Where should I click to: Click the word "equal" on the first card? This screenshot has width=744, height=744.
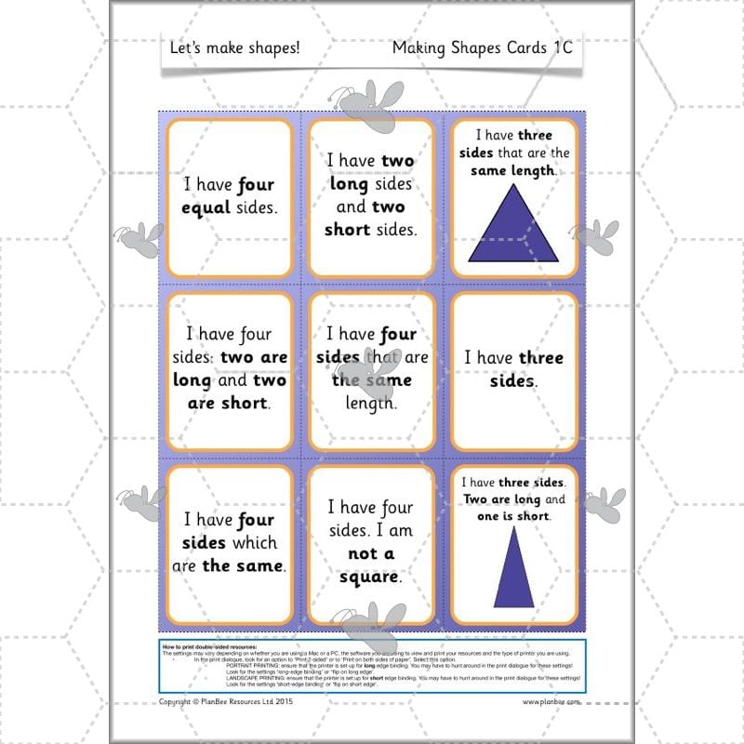(x=205, y=207)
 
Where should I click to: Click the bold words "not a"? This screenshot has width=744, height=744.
(x=371, y=553)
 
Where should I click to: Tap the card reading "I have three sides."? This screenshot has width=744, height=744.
(x=513, y=369)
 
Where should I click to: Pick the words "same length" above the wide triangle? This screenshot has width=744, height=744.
(x=512, y=171)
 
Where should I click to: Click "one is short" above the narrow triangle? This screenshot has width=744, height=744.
(x=512, y=516)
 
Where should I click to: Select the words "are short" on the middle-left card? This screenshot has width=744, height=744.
(x=227, y=403)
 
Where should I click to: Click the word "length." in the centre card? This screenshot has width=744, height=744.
(x=371, y=403)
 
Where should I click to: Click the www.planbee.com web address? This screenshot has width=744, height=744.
(x=551, y=702)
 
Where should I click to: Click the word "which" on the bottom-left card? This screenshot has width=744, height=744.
(x=254, y=542)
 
